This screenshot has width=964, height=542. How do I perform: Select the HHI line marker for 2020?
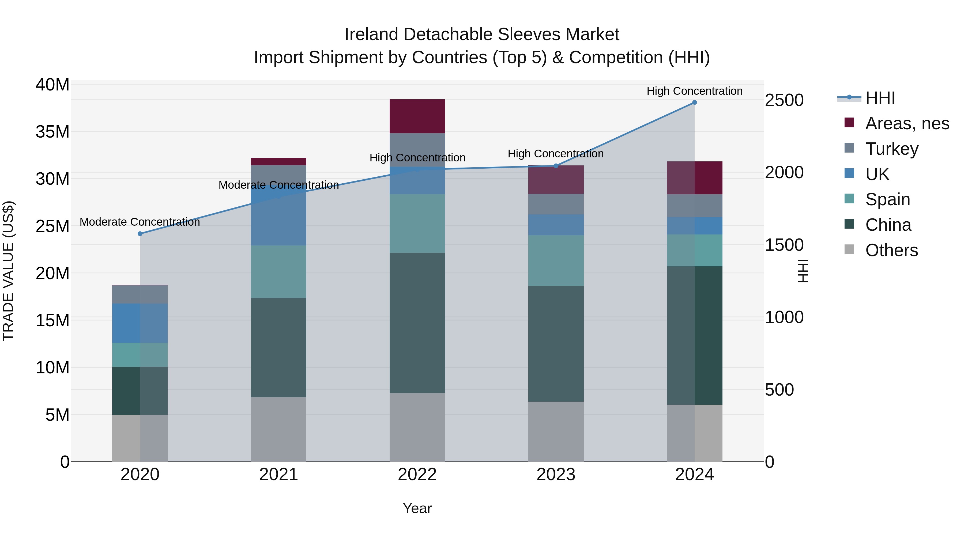click(140, 234)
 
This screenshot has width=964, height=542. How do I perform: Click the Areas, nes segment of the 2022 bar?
click(417, 116)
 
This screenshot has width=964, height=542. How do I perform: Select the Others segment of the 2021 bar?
click(278, 429)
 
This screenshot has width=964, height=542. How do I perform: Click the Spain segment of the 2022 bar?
click(417, 223)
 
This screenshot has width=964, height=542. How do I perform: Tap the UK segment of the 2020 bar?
click(140, 323)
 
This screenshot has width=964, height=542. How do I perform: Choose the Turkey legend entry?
click(892, 149)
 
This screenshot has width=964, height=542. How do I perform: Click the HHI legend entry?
click(880, 98)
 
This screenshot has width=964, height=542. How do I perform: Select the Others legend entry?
click(891, 250)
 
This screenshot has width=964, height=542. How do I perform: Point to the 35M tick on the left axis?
click(52, 132)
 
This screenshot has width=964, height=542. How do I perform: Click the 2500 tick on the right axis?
click(784, 100)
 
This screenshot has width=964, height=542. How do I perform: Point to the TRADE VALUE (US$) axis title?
click(9, 271)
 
